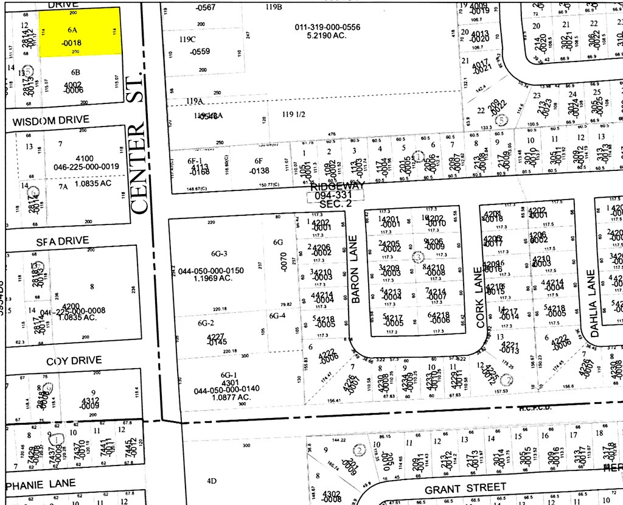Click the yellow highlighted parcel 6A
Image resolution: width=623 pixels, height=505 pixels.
(x=80, y=32)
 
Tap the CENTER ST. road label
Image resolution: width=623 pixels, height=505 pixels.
(x=139, y=144)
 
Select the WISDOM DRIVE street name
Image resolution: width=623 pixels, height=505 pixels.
(x=50, y=120)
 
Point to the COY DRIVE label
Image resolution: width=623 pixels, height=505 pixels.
(x=74, y=361)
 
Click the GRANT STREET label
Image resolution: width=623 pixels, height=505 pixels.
(x=465, y=489)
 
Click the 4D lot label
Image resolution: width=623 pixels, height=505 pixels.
(x=211, y=481)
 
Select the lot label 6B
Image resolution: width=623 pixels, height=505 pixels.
(x=75, y=72)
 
